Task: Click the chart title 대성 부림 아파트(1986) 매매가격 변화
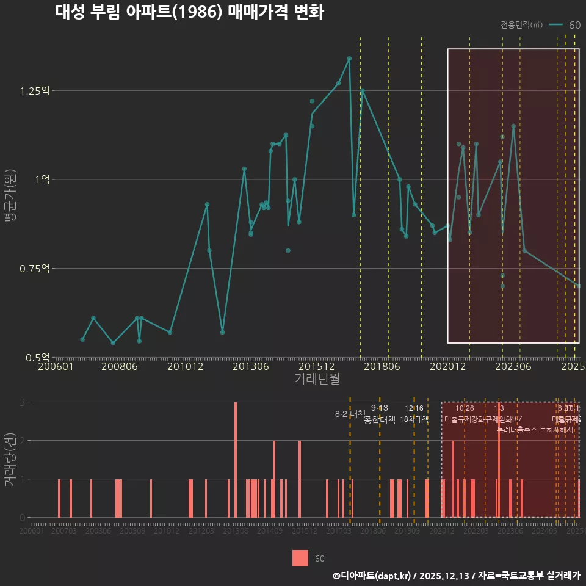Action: pyautogui.click(x=189, y=13)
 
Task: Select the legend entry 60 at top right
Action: pyautogui.click(x=574, y=25)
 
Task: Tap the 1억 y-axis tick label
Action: pyautogui.click(x=43, y=179)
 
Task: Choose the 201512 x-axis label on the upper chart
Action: pyautogui.click(x=317, y=367)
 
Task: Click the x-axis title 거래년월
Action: pyautogui.click(x=317, y=379)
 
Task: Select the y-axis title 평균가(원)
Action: pyautogui.click(x=10, y=198)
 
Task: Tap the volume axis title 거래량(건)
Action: pyautogui.click(x=10, y=460)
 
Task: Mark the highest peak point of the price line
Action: pyautogui.click(x=349, y=59)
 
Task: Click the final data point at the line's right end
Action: pyautogui.click(x=578, y=286)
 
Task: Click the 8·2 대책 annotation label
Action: pyautogui.click(x=350, y=414)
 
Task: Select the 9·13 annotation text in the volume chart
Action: pyautogui.click(x=379, y=408)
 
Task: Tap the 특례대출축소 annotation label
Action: pyautogui.click(x=516, y=430)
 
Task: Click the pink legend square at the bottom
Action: pyautogui.click(x=300, y=559)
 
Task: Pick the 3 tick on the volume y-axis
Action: pyautogui.click(x=22, y=402)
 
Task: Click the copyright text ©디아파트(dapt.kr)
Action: pyautogui.click(x=373, y=576)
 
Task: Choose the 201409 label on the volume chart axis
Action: pyautogui.click(x=270, y=532)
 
